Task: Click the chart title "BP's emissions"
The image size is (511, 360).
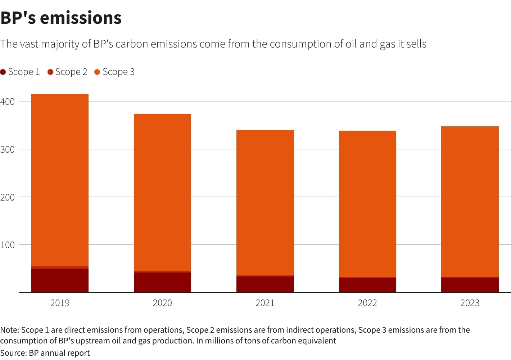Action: tap(61, 18)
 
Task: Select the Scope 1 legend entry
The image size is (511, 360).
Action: tap(20, 72)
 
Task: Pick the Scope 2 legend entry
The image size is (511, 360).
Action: tap(67, 72)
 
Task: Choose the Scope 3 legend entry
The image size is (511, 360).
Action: tap(114, 72)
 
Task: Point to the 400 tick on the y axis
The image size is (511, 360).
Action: tap(8, 102)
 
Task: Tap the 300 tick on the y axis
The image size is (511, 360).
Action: tap(8, 149)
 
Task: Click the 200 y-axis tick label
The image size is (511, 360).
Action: tap(8, 197)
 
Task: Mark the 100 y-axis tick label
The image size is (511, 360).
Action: tap(8, 245)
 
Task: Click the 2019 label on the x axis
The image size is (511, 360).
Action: tap(60, 303)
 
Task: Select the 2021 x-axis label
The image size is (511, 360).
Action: tap(265, 303)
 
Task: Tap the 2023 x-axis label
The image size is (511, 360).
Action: tap(470, 303)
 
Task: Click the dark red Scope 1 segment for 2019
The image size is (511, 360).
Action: tap(60, 280)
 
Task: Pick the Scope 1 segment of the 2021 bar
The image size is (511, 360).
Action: tap(265, 284)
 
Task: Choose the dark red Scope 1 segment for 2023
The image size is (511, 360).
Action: tap(470, 285)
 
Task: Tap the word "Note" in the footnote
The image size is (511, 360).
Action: tap(9, 330)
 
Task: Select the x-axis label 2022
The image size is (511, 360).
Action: tap(367, 303)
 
